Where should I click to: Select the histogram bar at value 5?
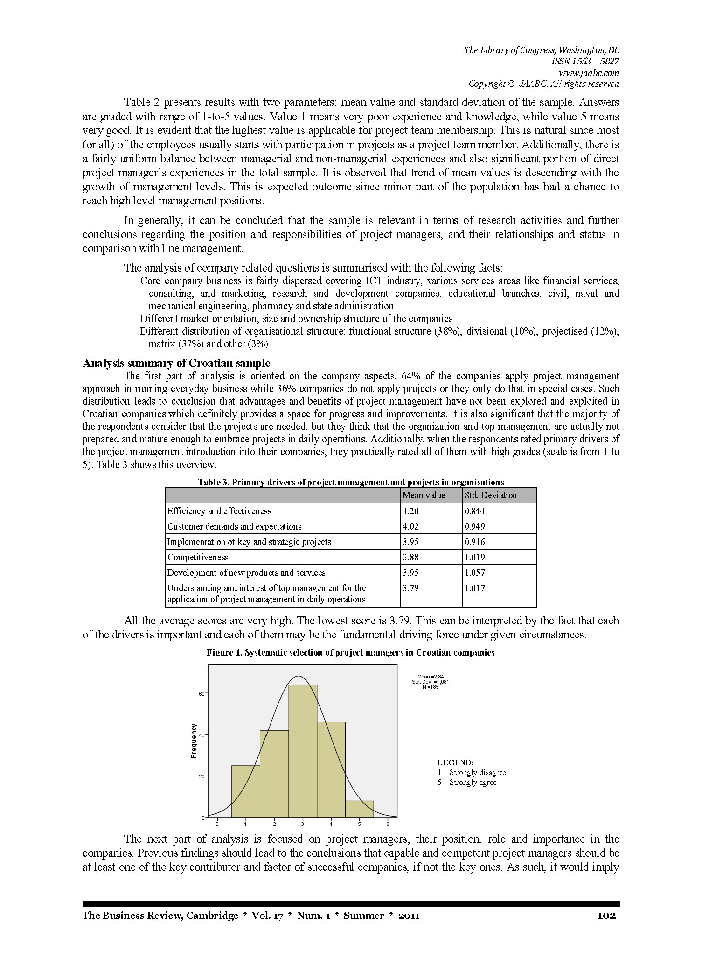coord(360,809)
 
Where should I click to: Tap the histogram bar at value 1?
coord(245,791)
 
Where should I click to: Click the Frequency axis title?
coord(194,741)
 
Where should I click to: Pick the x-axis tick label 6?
coord(388,825)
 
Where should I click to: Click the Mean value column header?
coord(424,495)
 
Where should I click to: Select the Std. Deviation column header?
coord(491,495)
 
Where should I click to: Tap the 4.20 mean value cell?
coord(410,511)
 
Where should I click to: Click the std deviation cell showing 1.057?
coord(475,573)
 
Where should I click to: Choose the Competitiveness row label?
coord(198,557)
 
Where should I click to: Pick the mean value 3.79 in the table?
coord(410,588)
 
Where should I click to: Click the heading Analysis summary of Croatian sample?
coord(176,363)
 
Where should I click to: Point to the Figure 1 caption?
coord(351,653)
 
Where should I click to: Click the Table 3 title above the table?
coord(351,482)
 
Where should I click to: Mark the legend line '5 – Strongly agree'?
coord(467,783)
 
